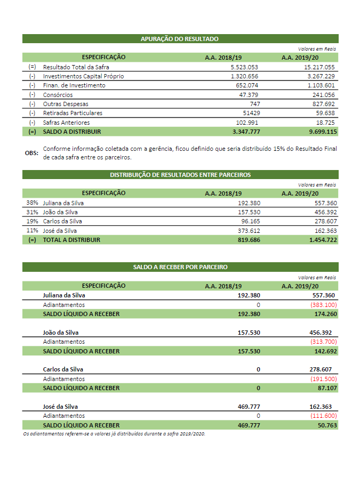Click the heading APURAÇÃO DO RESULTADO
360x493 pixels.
point(180,39)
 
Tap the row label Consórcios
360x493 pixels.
point(59,94)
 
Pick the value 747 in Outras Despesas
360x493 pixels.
point(254,104)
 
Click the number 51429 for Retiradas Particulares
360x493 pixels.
point(251,113)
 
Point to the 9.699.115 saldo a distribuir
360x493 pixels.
point(321,132)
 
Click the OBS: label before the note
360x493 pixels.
point(31,153)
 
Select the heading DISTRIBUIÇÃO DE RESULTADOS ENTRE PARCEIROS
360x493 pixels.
point(180,175)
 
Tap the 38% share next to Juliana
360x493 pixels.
point(32,203)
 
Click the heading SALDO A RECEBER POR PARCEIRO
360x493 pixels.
point(180,267)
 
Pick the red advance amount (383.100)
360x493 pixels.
point(323,305)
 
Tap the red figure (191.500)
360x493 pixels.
point(323,379)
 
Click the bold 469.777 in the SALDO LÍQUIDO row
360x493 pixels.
point(249,425)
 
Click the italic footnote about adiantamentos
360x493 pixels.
point(114,434)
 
